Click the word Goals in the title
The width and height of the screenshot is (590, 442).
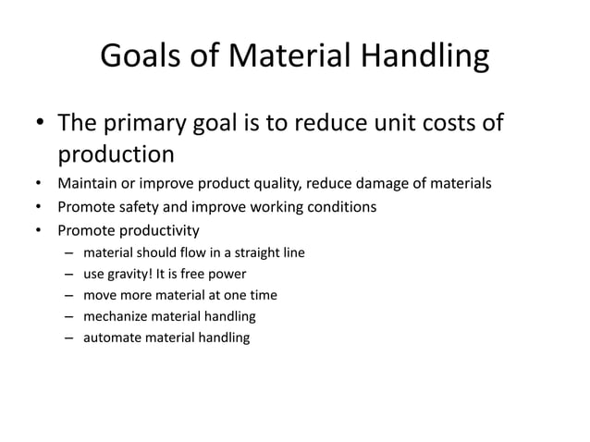point(136,56)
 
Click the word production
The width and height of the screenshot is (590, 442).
point(117,153)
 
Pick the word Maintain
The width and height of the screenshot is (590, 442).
point(87,183)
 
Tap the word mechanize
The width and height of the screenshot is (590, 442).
point(117,316)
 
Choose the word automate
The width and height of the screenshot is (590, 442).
point(114,338)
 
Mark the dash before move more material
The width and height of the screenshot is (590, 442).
point(68,296)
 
